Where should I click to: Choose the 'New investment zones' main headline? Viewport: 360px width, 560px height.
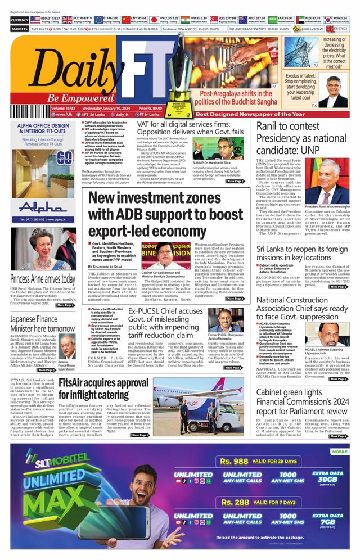tap(165, 214)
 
